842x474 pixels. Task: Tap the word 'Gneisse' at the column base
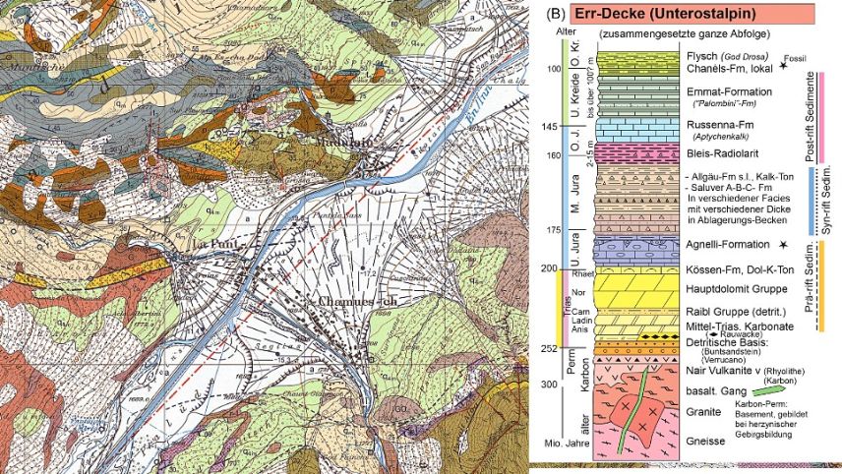(x=705, y=443)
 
